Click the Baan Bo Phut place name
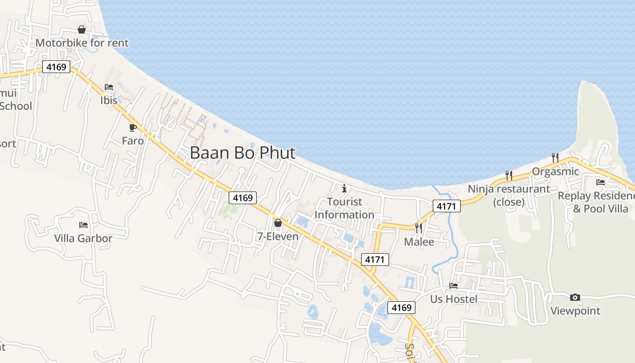tap(243, 153)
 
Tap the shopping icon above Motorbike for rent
tap(82, 29)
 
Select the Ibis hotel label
tap(109, 100)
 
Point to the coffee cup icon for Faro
tap(133, 128)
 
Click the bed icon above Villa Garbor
tap(83, 225)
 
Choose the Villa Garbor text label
tap(83, 238)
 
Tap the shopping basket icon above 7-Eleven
tap(278, 223)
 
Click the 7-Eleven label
tap(278, 236)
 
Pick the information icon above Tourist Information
tap(344, 188)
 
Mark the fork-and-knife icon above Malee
tap(418, 228)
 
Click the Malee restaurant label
tap(419, 242)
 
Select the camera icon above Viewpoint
tap(575, 297)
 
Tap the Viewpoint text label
tap(575, 311)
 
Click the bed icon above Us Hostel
tap(454, 285)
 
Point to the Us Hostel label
tap(454, 299)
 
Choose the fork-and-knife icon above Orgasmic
tap(555, 157)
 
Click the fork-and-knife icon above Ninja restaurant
tap(509, 175)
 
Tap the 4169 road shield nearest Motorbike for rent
tap(56, 67)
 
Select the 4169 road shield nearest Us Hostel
tap(401, 308)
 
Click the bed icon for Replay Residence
tap(601, 182)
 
